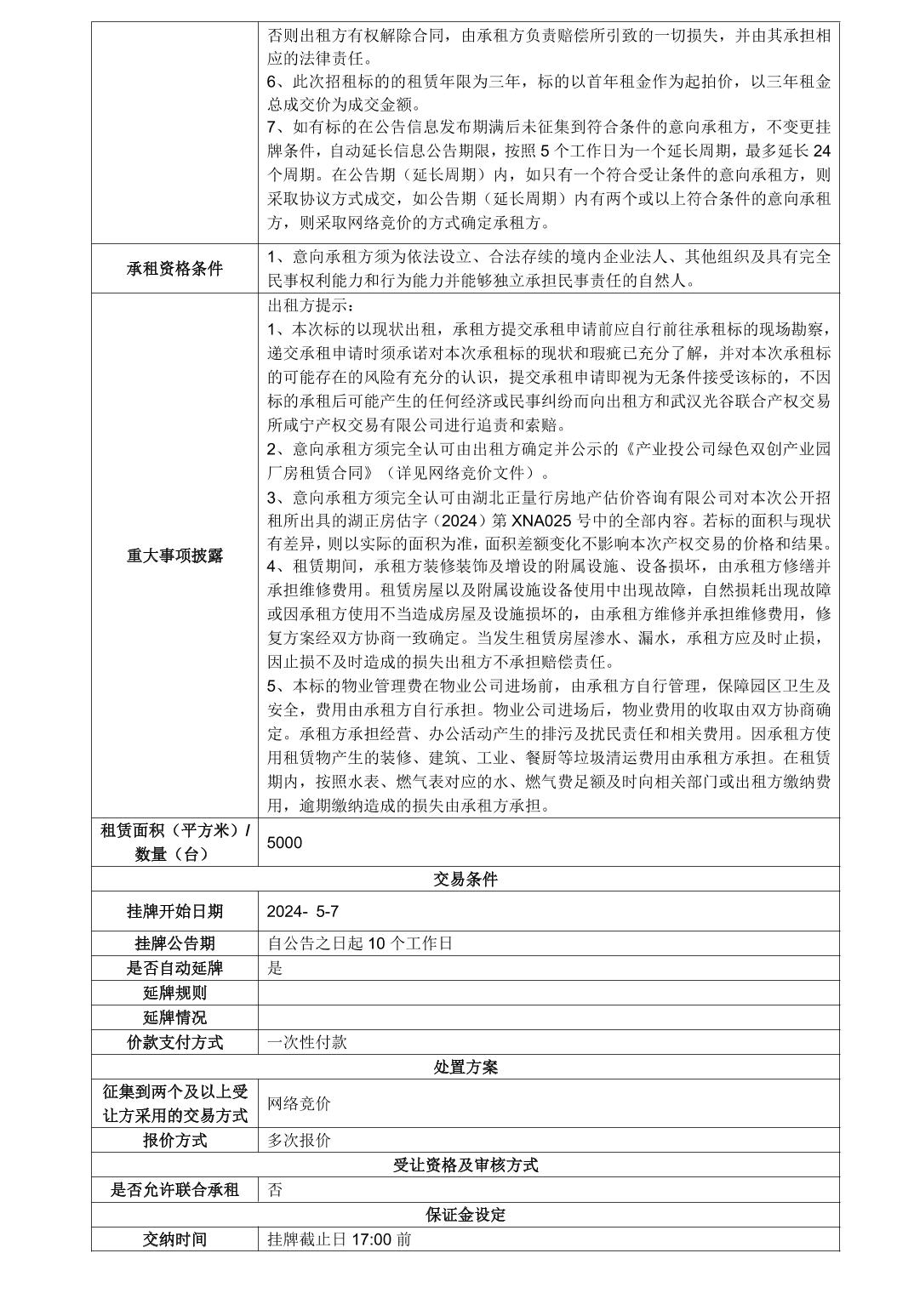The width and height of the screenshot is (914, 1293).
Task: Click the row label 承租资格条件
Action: point(174,269)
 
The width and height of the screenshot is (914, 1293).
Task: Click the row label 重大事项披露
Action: point(174,555)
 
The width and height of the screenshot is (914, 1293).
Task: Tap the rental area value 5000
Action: point(284,842)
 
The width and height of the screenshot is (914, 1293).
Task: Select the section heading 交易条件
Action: point(465,880)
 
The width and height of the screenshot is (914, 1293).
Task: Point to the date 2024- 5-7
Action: point(303,911)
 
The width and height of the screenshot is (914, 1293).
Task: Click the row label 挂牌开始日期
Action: point(174,911)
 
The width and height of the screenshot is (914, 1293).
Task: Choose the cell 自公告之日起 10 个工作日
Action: point(359,943)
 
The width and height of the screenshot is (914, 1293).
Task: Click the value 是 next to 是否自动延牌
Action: point(275,968)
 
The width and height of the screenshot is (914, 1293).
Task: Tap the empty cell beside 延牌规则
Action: point(548,993)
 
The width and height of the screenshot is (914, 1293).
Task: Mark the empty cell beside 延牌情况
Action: point(548,1017)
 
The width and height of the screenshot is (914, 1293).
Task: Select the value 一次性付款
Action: point(306,1042)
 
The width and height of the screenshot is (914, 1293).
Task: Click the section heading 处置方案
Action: point(465,1067)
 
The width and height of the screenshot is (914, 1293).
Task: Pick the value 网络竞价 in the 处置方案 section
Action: point(299,1103)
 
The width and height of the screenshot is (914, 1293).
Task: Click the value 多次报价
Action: point(299,1141)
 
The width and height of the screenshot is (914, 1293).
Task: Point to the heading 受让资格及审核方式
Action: point(465,1165)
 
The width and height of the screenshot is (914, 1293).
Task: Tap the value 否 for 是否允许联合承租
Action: point(275,1190)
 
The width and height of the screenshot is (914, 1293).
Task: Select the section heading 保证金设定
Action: point(465,1215)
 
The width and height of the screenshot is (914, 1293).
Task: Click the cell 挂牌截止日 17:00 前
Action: point(339,1239)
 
